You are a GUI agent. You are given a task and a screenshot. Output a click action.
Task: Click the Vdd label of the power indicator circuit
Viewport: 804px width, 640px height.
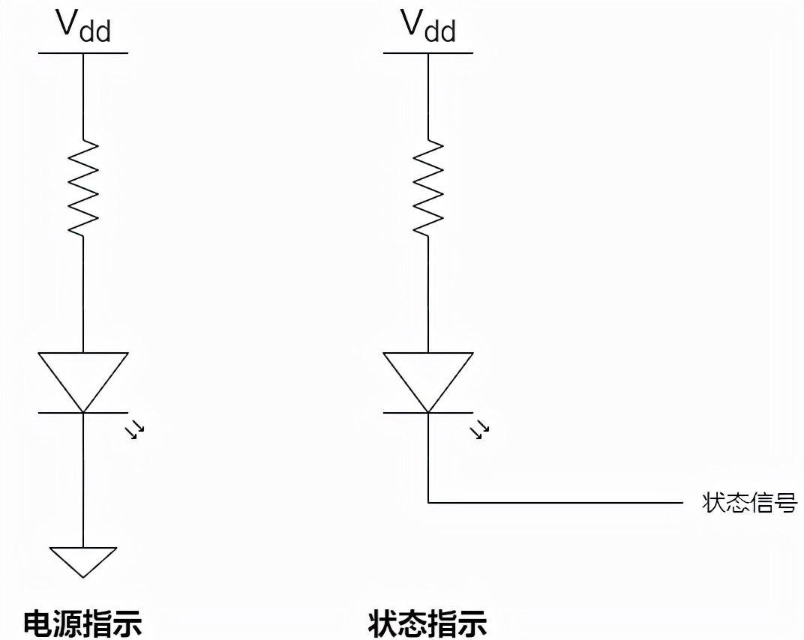click(82, 26)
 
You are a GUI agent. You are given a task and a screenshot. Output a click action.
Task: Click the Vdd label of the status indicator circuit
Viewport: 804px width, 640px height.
click(427, 26)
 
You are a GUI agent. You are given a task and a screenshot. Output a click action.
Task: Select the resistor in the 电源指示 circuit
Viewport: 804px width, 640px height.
click(83, 188)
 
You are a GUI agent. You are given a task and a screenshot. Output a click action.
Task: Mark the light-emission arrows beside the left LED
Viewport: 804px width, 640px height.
click(134, 430)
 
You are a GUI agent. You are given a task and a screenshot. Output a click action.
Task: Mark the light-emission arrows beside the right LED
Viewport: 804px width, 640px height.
click(479, 430)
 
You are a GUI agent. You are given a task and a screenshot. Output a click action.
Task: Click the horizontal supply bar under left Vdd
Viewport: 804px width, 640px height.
click(83, 53)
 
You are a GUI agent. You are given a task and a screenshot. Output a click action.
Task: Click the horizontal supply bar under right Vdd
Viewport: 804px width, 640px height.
click(428, 53)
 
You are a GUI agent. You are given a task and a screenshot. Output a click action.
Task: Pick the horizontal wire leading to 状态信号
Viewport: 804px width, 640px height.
click(555, 502)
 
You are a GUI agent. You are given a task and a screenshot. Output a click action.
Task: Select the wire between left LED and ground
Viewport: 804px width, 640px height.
click(83, 480)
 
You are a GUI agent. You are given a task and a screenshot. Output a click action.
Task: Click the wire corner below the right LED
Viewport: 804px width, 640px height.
click(428, 502)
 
